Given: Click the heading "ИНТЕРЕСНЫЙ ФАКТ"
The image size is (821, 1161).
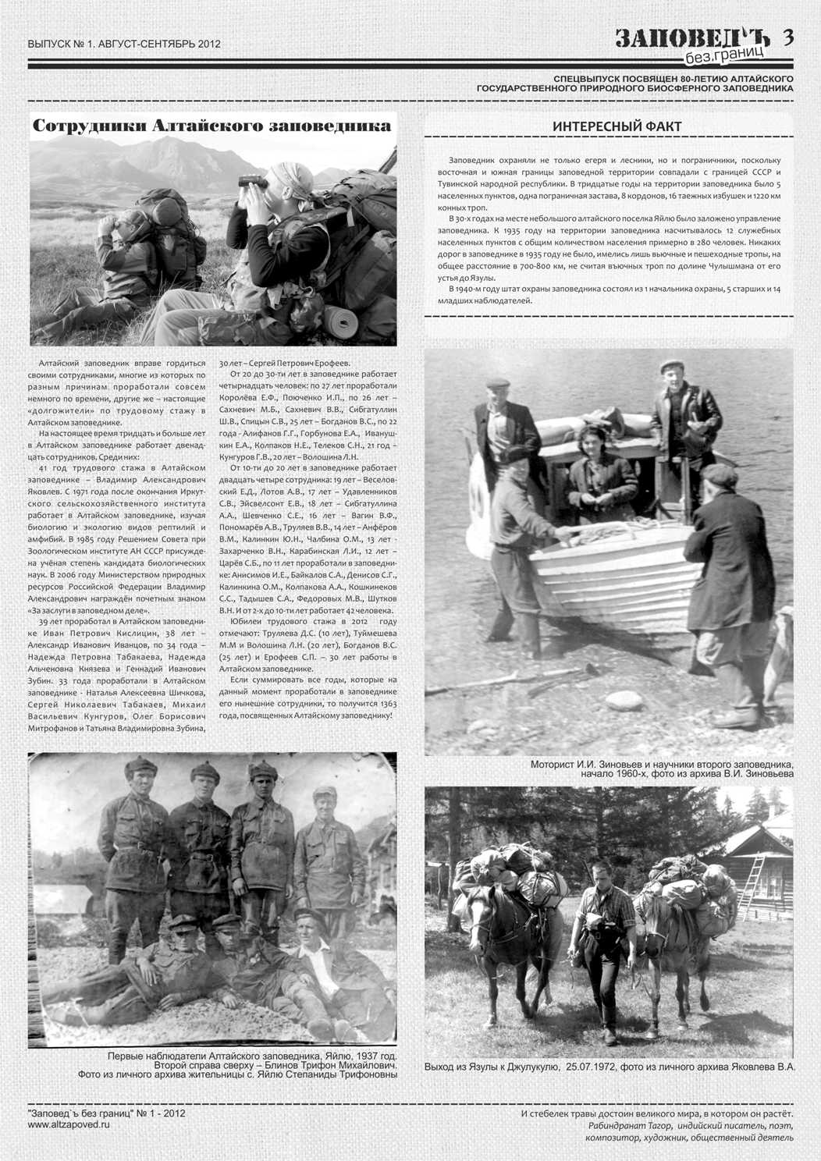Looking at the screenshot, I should click(617, 126).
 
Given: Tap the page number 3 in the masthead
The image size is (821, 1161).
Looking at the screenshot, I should click(787, 37).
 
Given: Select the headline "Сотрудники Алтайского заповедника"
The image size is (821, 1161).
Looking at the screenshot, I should click(212, 126).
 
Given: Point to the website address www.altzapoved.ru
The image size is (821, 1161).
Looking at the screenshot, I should click(69, 1124).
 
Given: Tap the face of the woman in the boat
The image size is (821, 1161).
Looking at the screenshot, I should click(592, 441).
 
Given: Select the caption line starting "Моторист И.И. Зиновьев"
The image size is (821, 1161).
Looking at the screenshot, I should click(662, 764).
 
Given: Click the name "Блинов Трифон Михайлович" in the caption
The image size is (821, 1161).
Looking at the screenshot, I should click(331, 1064).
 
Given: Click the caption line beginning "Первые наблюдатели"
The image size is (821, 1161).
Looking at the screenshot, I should click(251, 1055).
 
